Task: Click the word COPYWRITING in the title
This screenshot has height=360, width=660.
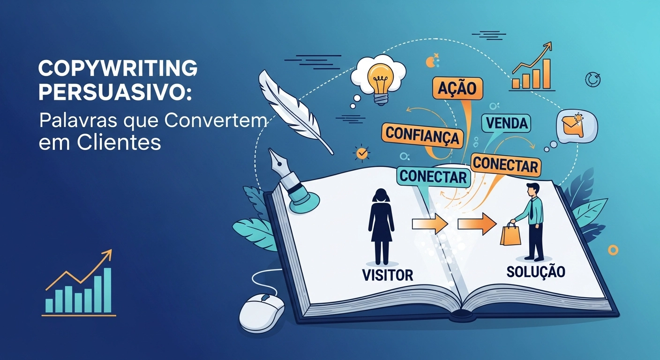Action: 117,69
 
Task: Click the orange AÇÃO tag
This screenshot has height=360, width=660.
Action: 457,89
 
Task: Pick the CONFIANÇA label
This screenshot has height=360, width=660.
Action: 422,134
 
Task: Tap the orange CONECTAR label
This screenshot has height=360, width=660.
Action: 506,165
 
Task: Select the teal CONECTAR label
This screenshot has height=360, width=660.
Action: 434,176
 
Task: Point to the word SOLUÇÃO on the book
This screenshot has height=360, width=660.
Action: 536,271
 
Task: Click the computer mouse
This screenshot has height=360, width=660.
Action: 262,311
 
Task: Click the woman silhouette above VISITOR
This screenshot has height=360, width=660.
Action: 381,225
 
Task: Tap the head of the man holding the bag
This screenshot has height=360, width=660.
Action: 533,189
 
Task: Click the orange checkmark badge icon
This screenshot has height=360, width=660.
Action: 361,153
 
